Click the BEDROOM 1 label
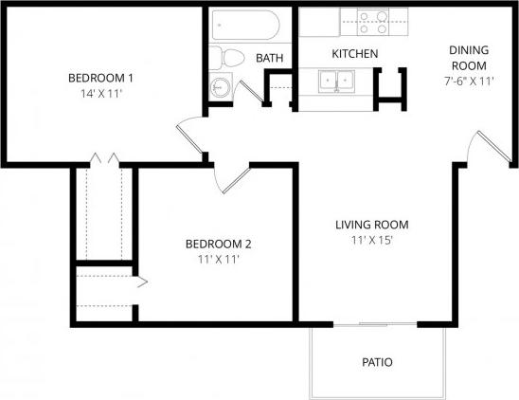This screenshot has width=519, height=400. click(x=100, y=78)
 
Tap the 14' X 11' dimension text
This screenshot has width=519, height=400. click(x=100, y=94)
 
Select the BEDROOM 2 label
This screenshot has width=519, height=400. click(x=218, y=244)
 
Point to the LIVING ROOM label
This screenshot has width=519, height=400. click(x=371, y=225)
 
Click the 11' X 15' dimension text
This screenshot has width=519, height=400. click(x=371, y=241)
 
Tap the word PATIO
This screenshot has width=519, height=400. click(x=377, y=362)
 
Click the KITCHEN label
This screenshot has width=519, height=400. click(x=355, y=54)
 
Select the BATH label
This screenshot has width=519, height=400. click(x=270, y=59)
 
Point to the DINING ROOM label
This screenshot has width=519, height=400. click(x=468, y=58)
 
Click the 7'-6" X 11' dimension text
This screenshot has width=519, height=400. click(x=468, y=82)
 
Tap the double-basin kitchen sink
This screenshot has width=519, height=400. click(x=338, y=82)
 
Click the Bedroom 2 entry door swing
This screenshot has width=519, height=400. click(x=230, y=177)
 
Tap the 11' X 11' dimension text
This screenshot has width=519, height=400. click(x=218, y=259)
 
